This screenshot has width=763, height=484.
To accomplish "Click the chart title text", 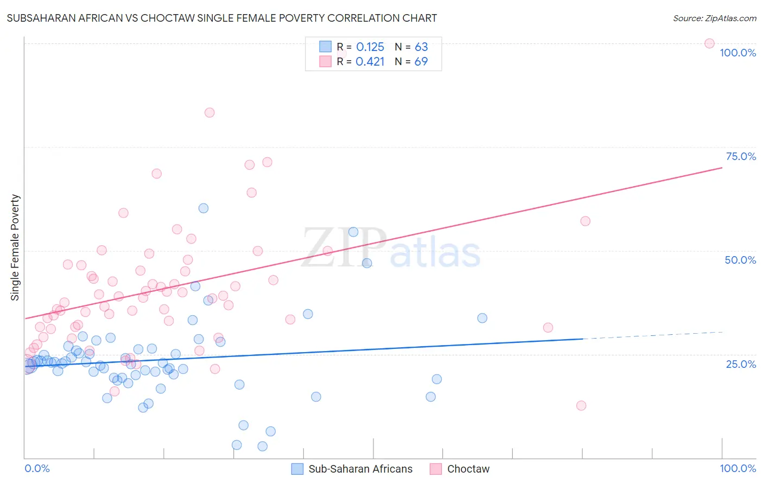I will tap(221, 18).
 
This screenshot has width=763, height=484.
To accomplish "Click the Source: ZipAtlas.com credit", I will tap(714, 18).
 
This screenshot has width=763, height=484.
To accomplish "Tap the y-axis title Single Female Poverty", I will tap(15, 247).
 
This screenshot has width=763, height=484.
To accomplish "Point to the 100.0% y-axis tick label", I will tap(737, 53).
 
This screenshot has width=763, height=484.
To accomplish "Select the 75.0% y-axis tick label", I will tap(741, 156).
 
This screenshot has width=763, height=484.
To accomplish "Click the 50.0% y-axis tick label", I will tap(740, 260).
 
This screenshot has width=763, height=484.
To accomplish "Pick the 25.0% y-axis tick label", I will tap(741, 364).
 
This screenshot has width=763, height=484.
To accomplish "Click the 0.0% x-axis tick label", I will tap(37, 468).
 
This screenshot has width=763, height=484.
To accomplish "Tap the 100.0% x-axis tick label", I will tap(737, 468).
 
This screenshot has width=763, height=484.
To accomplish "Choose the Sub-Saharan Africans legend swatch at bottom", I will tap(297, 469).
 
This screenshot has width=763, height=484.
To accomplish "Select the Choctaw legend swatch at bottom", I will tap(436, 469).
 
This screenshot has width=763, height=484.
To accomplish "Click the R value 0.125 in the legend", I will tap(370, 47).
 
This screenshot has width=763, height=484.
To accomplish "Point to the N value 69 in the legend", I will tap(421, 62).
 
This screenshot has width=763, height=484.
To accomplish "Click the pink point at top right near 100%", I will tap(709, 43).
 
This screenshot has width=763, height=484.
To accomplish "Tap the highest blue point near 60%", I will tap(204, 208).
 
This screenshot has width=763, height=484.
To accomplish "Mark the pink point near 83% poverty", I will tap(209, 112).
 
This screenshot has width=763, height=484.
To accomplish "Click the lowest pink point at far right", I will tap(581, 405).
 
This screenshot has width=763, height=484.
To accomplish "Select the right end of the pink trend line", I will tap(721, 168).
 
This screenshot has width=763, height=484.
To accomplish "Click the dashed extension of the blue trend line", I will tap(651, 335).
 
